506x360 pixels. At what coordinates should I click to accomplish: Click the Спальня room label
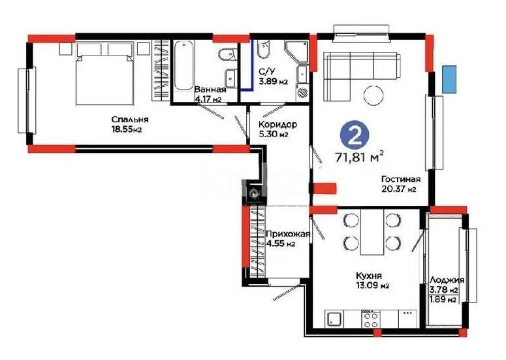tap(130, 119)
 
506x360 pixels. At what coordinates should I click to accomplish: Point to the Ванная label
tap(210, 90)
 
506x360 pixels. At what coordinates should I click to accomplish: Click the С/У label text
tap(266, 72)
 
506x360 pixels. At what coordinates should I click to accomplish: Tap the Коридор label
tap(277, 125)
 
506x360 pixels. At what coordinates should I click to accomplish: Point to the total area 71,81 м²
tap(359, 156)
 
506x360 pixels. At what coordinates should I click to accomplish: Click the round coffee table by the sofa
tap(375, 95)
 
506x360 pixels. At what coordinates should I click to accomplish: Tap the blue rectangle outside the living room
tap(449, 79)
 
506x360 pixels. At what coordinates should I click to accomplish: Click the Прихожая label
tap(281, 234)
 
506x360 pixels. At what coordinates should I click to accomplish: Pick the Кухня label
tap(369, 275)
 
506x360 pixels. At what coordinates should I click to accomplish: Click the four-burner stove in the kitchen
tap(371, 319)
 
